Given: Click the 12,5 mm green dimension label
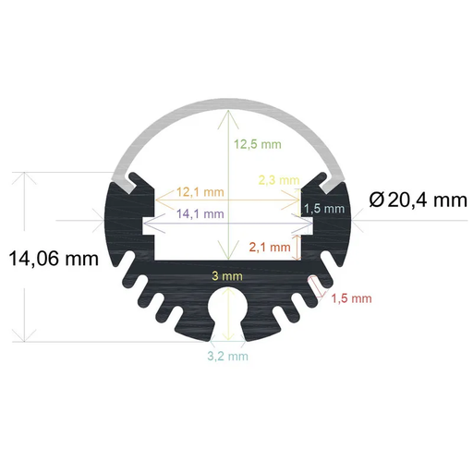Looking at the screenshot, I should (x=258, y=144).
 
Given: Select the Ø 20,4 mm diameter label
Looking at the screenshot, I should (x=417, y=199).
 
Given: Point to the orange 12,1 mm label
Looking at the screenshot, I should (x=200, y=192).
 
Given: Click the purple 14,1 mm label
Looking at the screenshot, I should (x=200, y=213).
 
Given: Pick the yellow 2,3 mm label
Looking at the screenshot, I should (x=278, y=179).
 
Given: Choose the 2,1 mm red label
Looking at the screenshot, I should (x=270, y=247).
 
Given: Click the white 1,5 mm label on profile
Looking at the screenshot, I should (x=324, y=209).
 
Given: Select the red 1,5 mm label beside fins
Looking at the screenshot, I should (x=351, y=297).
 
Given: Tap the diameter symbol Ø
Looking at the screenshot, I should (x=377, y=199).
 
